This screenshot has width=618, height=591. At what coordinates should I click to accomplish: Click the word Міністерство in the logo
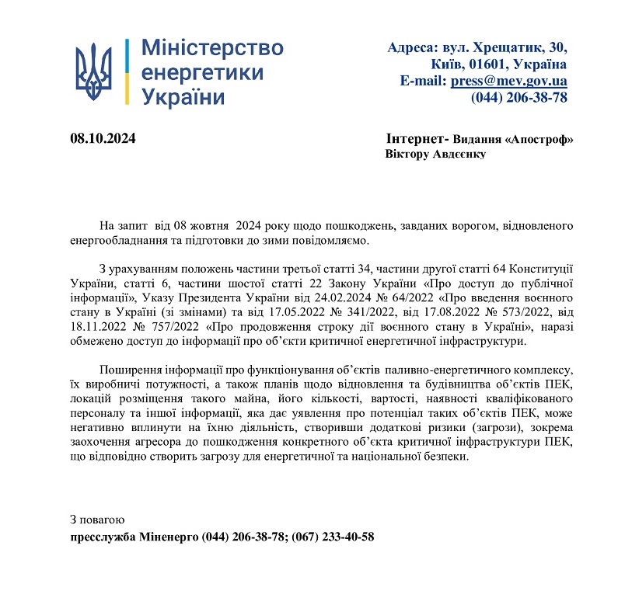(212, 48)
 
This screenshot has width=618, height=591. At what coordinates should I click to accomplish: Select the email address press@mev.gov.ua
(508, 81)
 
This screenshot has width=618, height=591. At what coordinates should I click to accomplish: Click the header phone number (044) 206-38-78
(518, 97)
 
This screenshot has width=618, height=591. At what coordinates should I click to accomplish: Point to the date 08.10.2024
(103, 139)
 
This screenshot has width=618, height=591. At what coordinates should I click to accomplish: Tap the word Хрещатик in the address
(504, 47)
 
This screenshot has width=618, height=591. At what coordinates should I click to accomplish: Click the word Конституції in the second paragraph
(543, 268)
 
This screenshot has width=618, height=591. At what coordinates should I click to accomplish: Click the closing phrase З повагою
(96, 519)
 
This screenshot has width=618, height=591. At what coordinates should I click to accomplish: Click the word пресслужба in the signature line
(104, 536)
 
